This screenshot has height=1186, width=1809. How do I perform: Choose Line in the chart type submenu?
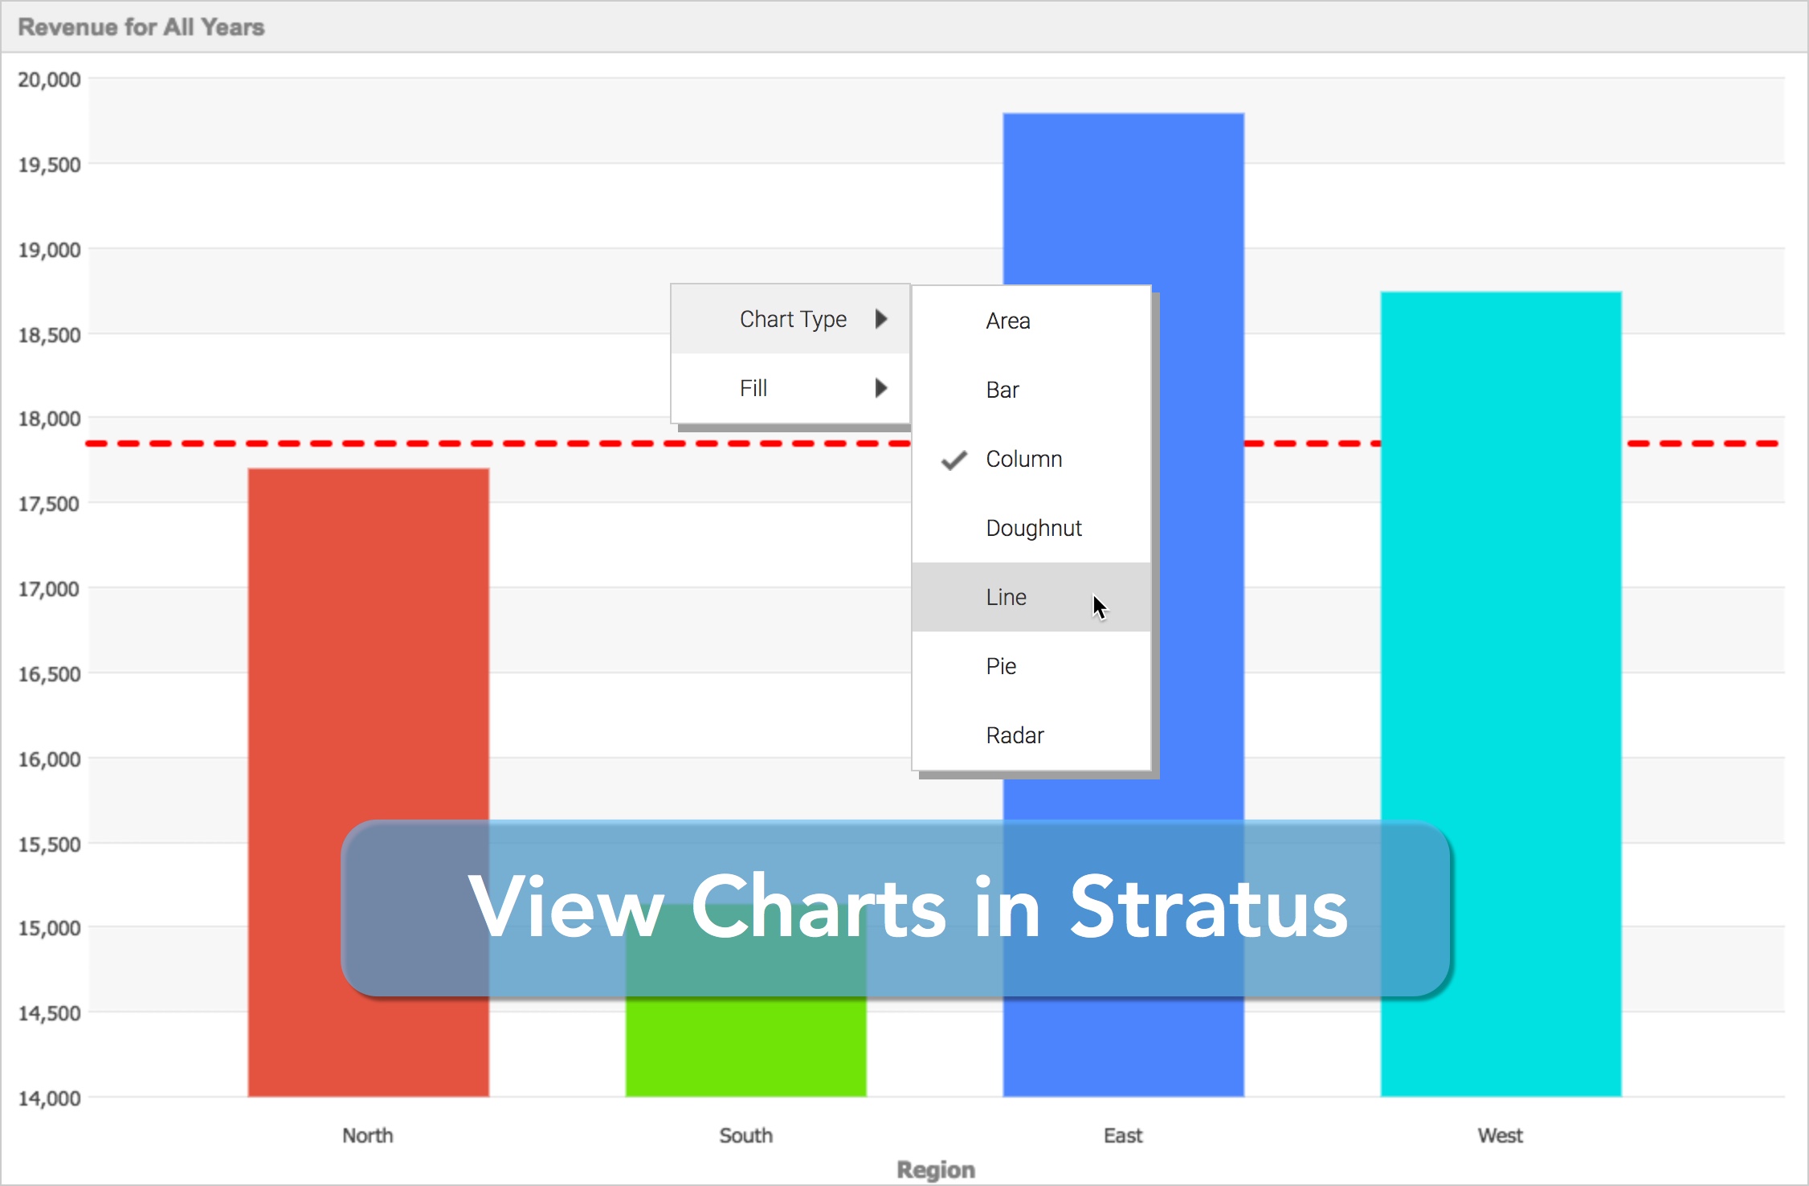point(1006,597)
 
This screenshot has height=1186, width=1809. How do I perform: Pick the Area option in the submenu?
point(1007,321)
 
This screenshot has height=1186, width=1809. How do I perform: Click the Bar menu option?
point(1003,390)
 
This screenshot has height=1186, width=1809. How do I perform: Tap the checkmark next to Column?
point(954,460)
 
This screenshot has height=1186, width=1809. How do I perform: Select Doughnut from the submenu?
point(1034,528)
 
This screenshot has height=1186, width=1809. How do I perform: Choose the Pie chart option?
point(1001,666)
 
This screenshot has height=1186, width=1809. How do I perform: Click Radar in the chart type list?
point(1015,735)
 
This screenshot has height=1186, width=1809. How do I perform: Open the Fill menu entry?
point(753,388)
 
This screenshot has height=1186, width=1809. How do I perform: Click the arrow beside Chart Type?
point(881,319)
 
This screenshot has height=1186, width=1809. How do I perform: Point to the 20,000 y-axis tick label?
point(49,80)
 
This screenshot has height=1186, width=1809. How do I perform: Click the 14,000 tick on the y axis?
point(49,1098)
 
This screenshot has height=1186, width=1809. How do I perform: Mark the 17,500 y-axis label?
point(49,504)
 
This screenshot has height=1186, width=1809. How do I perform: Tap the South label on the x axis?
point(745,1135)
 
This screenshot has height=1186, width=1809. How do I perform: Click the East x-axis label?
point(1123,1135)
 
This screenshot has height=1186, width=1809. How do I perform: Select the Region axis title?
point(936,1170)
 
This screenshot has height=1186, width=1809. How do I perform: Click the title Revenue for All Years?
point(141,27)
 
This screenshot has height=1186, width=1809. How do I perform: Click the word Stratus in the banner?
point(1209,907)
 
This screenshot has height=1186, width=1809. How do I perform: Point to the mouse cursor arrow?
point(1100,607)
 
